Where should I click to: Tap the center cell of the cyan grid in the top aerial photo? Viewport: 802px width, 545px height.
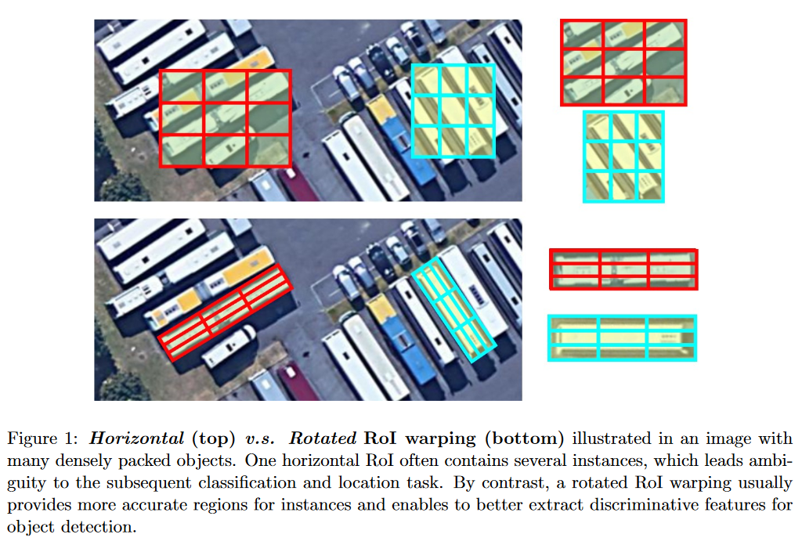453,111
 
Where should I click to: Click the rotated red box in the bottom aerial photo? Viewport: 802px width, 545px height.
226,312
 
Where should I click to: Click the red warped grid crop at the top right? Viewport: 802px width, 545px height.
623,63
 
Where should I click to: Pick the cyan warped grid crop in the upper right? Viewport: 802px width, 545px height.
623,156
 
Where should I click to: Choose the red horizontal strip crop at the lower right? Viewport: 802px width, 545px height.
623,269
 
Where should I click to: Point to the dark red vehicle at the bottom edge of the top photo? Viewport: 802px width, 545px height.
298,189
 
